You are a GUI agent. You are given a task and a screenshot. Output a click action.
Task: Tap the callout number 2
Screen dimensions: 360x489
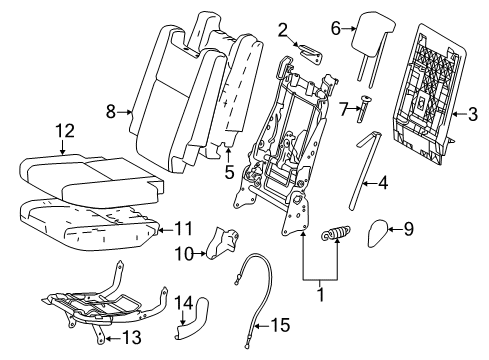click(282, 30)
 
